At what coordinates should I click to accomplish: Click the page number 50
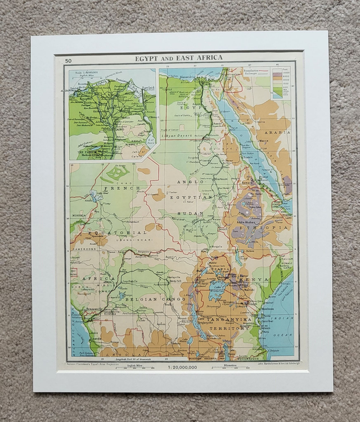click(x=68, y=61)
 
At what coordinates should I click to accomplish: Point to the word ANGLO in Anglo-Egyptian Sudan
click(x=187, y=181)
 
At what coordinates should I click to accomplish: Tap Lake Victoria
click(x=217, y=291)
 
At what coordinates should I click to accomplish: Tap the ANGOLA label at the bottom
click(x=119, y=354)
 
